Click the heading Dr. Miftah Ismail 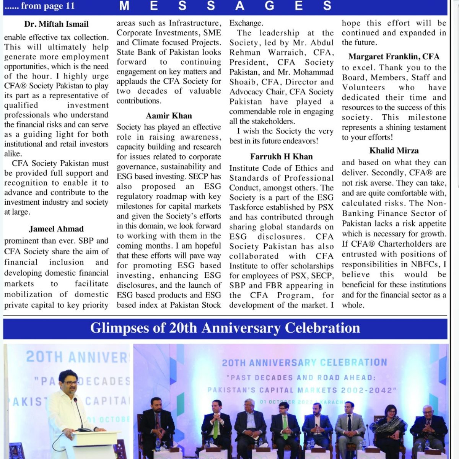pyautogui.click(x=56, y=24)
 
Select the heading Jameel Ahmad pyautogui.click(x=56, y=229)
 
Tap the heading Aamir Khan pyautogui.click(x=169, y=116)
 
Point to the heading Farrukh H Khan pyautogui.click(x=281, y=156)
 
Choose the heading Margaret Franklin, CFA pyautogui.click(x=394, y=57)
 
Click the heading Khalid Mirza pyautogui.click(x=394, y=150)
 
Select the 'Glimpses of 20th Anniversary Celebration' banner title pyautogui.click(x=225, y=328)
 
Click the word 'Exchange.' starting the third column pyautogui.click(x=246, y=23)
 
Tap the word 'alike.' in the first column pyautogui.click(x=13, y=154)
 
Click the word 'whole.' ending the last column pyautogui.click(x=353, y=305)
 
